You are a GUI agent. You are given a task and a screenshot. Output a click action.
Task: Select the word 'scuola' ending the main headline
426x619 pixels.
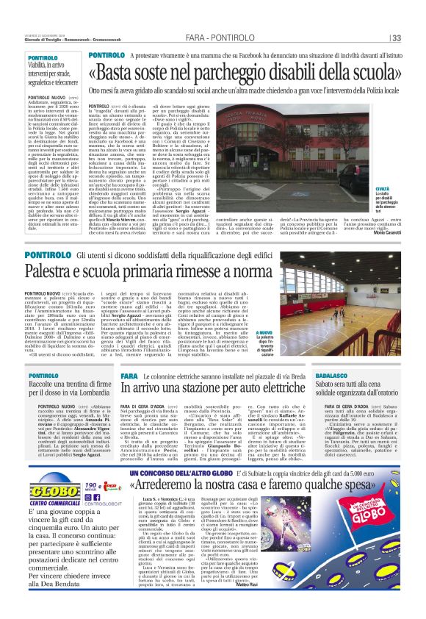click(x=374, y=72)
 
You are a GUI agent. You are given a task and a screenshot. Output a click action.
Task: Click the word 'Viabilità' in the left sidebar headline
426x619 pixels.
click(x=45, y=65)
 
